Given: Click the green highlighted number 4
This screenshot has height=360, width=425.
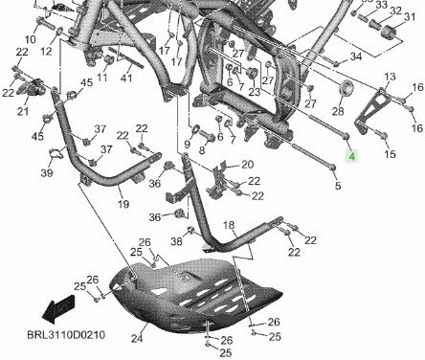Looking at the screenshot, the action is click(x=351, y=156).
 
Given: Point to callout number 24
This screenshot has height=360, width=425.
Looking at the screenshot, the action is click(x=136, y=338).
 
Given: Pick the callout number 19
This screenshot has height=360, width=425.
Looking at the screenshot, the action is click(x=122, y=203).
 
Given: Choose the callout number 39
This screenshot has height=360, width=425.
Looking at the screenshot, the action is click(x=46, y=173).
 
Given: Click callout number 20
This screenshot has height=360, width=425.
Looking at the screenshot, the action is click(x=247, y=164).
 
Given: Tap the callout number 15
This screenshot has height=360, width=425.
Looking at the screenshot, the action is click(x=390, y=153).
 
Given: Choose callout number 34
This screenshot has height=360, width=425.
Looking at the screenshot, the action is click(x=356, y=56).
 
